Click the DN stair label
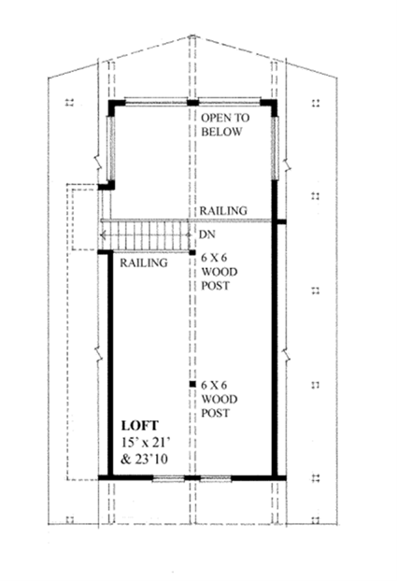(x=208, y=235)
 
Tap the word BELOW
(x=221, y=133)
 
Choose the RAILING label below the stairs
(x=144, y=263)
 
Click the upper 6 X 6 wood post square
(x=191, y=252)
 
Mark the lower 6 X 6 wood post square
(x=191, y=384)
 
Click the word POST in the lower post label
(x=216, y=411)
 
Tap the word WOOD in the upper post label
(x=218, y=271)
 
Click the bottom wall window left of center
(x=167, y=478)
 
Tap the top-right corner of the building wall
(x=275, y=103)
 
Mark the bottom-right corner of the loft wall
(x=276, y=478)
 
